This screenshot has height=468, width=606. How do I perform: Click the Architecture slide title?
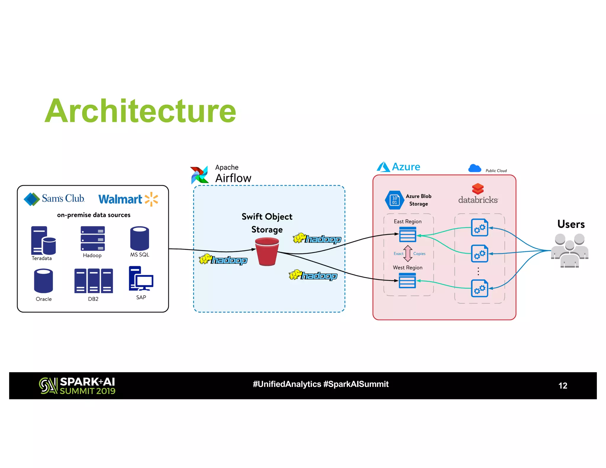(140, 111)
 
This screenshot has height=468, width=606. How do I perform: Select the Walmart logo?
(128, 199)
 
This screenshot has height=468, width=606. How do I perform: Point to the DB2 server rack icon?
(93, 281)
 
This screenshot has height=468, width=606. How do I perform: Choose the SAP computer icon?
(141, 279)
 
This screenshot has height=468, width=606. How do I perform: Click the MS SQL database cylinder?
(139, 238)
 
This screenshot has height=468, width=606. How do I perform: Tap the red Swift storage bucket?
(267, 251)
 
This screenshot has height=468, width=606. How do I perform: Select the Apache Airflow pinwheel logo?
(199, 175)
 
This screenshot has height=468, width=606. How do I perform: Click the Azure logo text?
(406, 167)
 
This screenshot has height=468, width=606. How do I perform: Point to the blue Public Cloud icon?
(475, 168)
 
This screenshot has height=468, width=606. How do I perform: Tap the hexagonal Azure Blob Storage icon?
(394, 200)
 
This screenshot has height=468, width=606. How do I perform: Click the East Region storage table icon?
(407, 234)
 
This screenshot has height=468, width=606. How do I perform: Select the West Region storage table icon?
(407, 280)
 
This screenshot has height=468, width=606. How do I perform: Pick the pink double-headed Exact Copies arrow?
(408, 254)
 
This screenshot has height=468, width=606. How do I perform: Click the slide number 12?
(563, 385)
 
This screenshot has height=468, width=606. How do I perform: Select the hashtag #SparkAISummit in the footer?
(356, 384)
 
